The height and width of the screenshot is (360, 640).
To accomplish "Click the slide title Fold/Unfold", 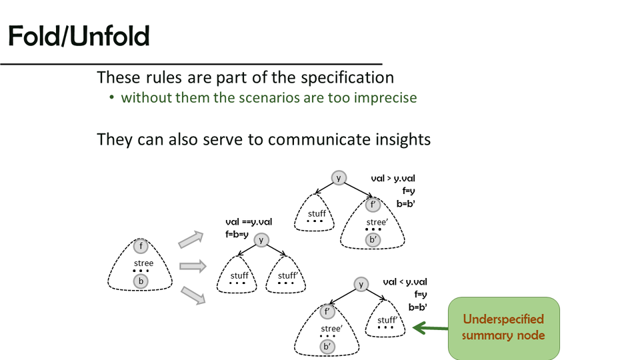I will coord(79,37).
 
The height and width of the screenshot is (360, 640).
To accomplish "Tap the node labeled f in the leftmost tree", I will coord(141,247).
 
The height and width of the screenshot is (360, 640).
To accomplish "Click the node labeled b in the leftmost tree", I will coord(141,281).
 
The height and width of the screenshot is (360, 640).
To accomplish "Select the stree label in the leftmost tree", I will coord(143,263).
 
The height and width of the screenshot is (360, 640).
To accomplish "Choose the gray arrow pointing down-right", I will coord(191,294).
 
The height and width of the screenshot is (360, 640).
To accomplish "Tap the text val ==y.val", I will coord(249,222).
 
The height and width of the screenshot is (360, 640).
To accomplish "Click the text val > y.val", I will coord(393,179).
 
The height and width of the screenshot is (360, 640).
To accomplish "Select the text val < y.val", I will coord(405,282).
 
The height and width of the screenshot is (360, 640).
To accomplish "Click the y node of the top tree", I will coord(339,177).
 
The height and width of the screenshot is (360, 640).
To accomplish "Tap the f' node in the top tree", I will coord(374,205).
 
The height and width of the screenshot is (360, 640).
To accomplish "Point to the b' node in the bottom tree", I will coord(327,347).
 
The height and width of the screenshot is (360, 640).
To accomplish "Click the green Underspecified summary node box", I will coord(503,328).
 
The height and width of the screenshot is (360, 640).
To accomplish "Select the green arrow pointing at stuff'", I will coord(430,327).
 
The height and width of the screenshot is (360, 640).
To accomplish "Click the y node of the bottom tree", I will coord(361,284).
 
